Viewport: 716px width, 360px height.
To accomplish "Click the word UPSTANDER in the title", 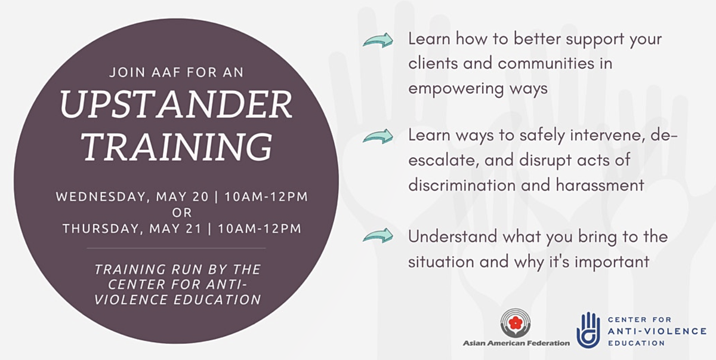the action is (x=176, y=104).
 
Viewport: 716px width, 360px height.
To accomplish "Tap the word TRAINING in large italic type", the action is (x=177, y=146).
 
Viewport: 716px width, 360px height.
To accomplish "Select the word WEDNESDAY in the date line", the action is (x=101, y=197).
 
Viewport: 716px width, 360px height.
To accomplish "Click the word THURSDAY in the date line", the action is (x=101, y=229).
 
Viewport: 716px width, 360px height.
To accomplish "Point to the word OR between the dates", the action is (x=182, y=213).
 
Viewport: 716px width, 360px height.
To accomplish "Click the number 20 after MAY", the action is (x=200, y=196).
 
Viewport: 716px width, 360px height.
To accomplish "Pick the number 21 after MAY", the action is (x=194, y=229).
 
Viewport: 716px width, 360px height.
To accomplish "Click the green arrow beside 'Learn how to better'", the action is (x=378, y=41).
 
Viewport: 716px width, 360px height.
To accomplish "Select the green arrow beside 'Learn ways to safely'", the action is (x=378, y=137).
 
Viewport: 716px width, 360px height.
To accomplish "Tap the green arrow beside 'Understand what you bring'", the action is (x=378, y=236).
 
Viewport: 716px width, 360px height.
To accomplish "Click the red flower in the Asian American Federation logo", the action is (x=516, y=324).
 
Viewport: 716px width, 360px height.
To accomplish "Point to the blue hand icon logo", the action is (x=588, y=330).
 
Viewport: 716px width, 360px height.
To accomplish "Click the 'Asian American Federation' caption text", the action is (x=516, y=343).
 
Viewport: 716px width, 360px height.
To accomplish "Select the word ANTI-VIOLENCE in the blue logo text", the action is (x=657, y=331).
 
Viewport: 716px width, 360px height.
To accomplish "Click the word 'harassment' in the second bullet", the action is (x=600, y=185).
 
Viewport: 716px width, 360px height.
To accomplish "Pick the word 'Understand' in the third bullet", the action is (x=453, y=236).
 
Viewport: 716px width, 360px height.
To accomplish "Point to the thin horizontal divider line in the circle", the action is (x=176, y=248).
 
